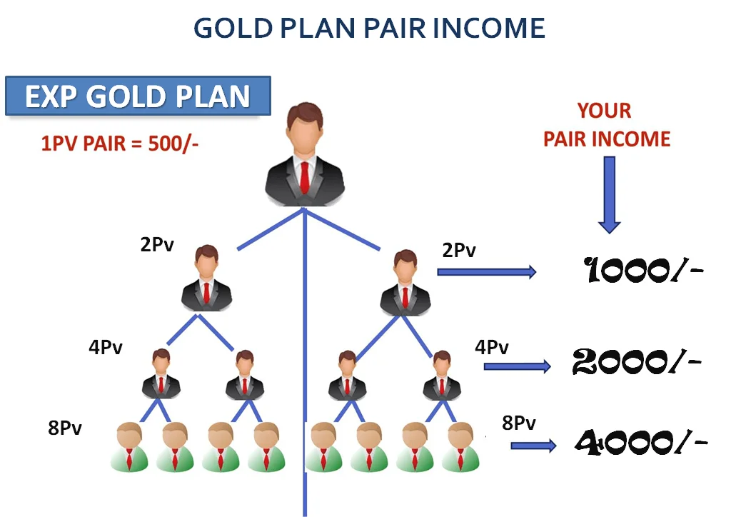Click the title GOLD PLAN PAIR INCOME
tap(369, 28)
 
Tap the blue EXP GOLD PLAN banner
tap(138, 96)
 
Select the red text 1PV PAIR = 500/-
tap(119, 144)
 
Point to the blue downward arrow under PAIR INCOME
tap(610, 195)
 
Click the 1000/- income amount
tap(643, 271)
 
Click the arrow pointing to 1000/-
tap(487, 272)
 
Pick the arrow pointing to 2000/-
tap(518, 366)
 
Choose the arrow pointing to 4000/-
tap(533, 446)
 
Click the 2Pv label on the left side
tap(157, 244)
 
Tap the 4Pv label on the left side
tap(106, 347)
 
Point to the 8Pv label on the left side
tap(65, 428)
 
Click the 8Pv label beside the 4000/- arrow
tap(519, 423)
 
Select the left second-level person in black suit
tap(206, 278)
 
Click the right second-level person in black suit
tap(405, 283)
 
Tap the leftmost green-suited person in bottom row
tap(129, 447)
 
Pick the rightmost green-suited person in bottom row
tap(460, 447)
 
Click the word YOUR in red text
tap(605, 111)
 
